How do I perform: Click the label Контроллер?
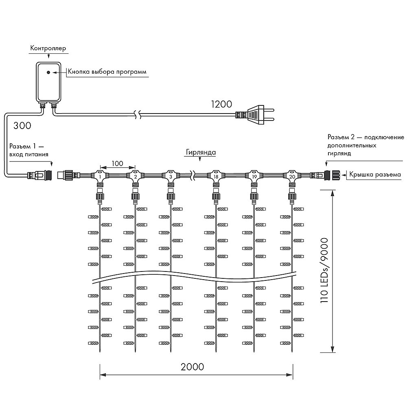point(48,48)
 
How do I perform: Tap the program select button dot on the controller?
point(48,72)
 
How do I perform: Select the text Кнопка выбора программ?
point(107,72)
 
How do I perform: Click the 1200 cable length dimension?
point(221,104)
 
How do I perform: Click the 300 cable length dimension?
point(22,126)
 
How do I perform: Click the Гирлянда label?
point(201,152)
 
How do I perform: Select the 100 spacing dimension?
point(117,163)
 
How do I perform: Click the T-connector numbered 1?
point(100,176)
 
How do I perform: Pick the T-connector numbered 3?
point(171,176)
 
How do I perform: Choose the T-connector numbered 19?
point(254,176)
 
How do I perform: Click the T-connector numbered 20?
point(292,176)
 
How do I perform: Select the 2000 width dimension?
point(193,366)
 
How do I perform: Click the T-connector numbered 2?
point(135,176)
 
